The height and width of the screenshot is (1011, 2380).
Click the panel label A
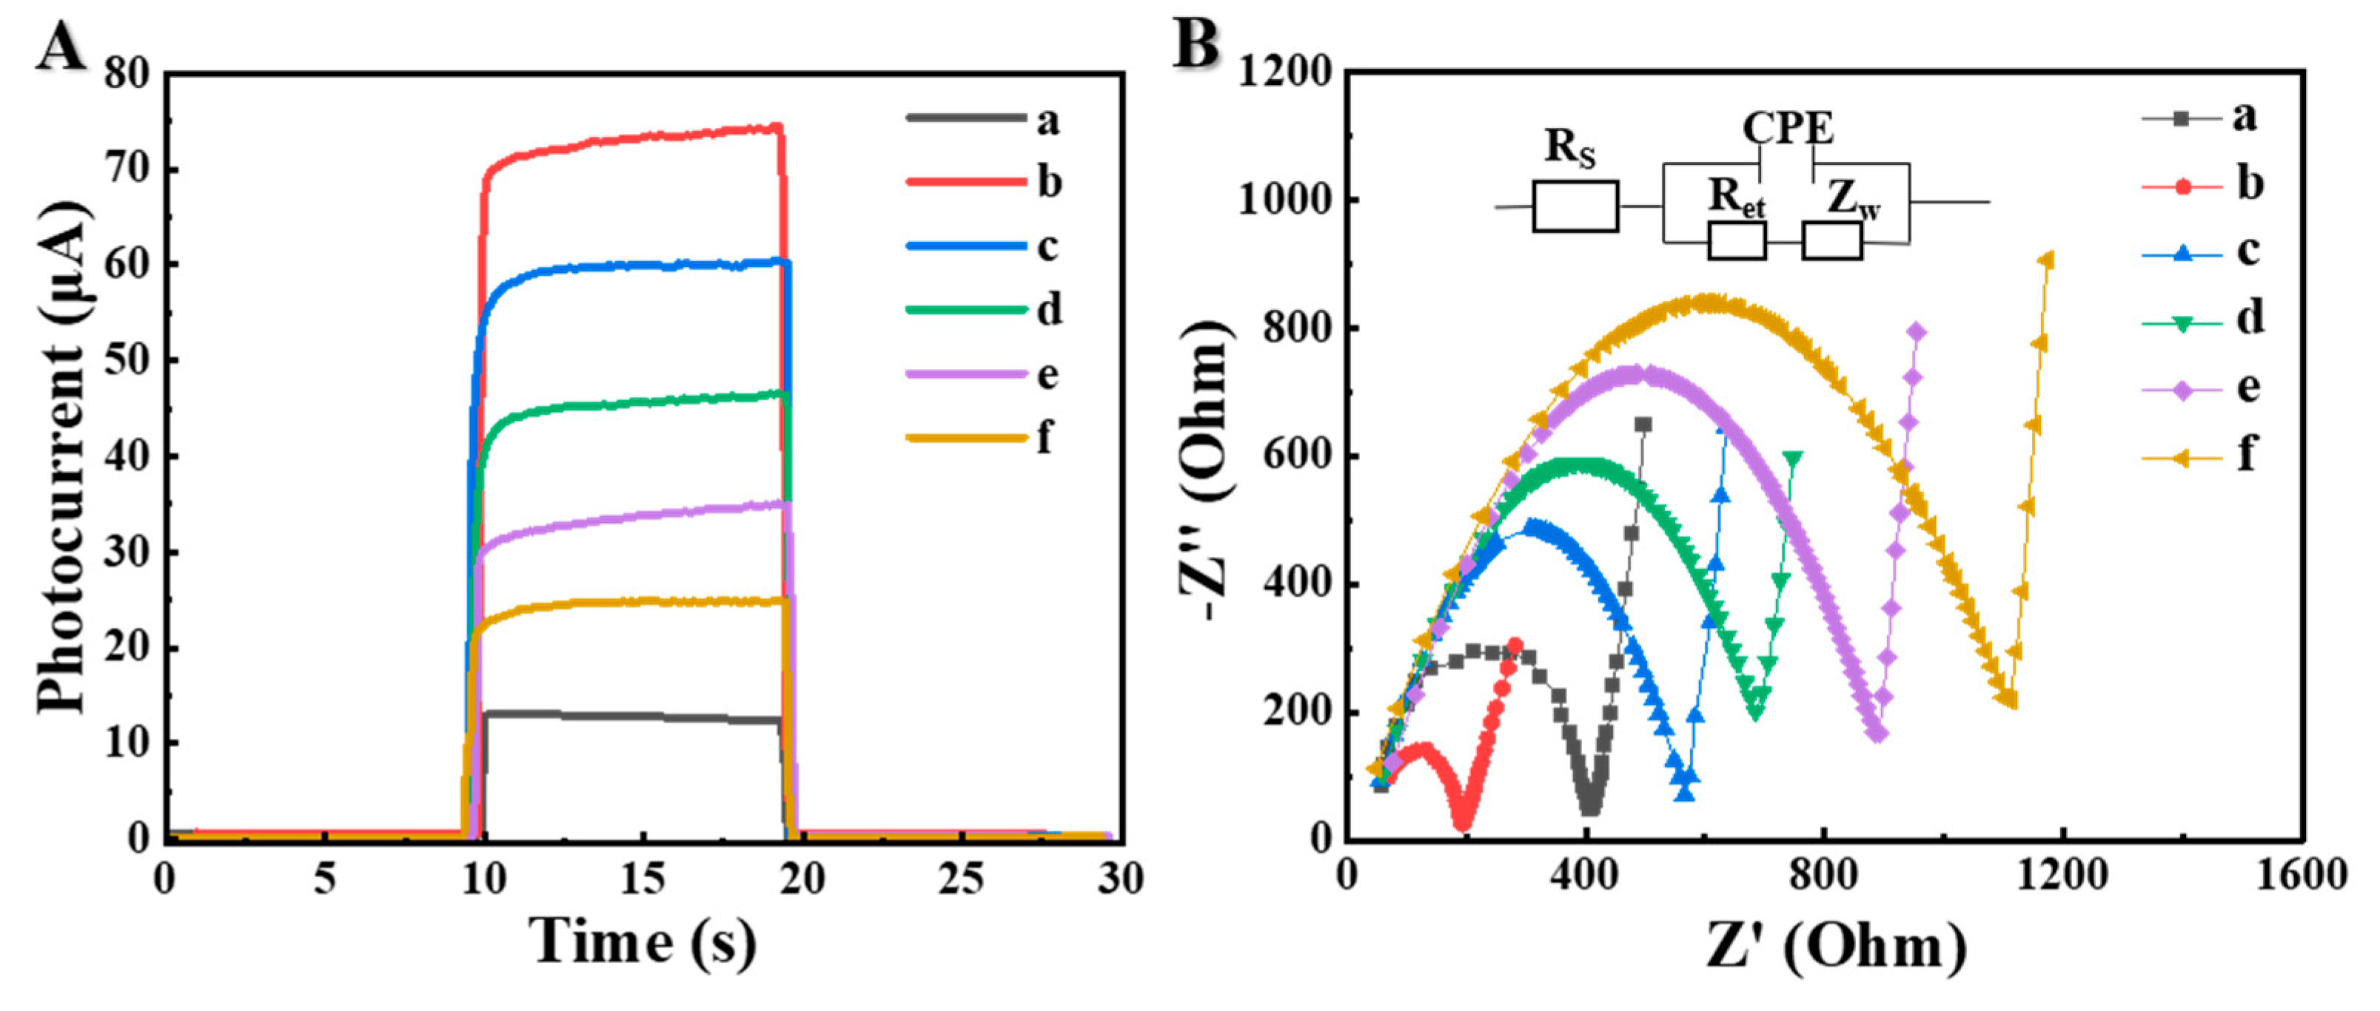pos(61,46)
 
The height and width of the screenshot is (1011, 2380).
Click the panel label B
pos(1196,44)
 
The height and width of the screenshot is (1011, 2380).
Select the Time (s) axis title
pos(643,941)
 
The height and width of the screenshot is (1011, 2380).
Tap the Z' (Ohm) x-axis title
pos(1837,947)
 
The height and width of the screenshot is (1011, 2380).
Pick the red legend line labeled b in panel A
pos(965,182)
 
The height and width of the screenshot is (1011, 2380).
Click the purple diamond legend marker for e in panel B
pos(2182,390)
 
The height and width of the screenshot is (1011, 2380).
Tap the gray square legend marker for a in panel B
pos(2182,119)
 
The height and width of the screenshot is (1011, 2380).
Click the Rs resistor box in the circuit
pos(1575,206)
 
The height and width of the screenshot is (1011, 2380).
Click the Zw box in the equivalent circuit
pos(1831,241)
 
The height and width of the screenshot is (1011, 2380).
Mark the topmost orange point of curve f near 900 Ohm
pos(2046,260)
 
